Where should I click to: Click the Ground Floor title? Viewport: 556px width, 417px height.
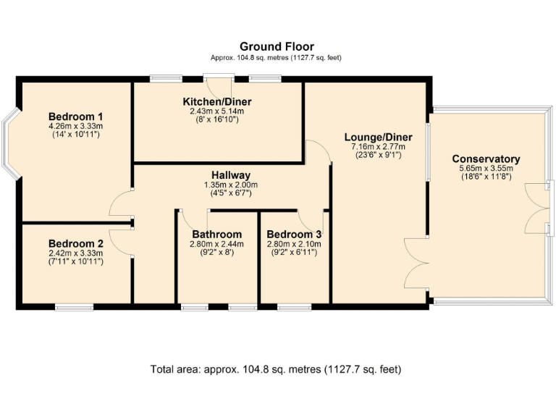[277, 46]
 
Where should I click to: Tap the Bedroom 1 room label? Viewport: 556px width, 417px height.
[75, 117]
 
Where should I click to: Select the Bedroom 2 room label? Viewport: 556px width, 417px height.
[75, 243]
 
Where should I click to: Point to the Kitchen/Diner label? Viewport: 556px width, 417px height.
[217, 102]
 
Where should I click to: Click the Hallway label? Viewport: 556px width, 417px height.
[231, 175]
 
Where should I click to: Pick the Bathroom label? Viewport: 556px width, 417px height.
[216, 235]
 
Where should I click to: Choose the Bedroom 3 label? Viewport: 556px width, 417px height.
[294, 235]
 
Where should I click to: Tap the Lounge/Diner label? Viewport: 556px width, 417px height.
[379, 138]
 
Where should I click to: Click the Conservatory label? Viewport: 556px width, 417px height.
[486, 159]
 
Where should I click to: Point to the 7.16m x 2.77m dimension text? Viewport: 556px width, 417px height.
[379, 147]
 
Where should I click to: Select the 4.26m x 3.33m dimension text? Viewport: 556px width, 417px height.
[75, 126]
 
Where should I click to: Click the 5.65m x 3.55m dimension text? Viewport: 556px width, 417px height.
[486, 169]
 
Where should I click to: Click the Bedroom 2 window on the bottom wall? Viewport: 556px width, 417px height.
[74, 307]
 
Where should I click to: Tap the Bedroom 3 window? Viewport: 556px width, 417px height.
[295, 307]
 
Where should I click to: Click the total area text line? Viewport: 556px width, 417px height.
[276, 369]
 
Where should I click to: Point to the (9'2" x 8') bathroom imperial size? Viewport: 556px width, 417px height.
[216, 253]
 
